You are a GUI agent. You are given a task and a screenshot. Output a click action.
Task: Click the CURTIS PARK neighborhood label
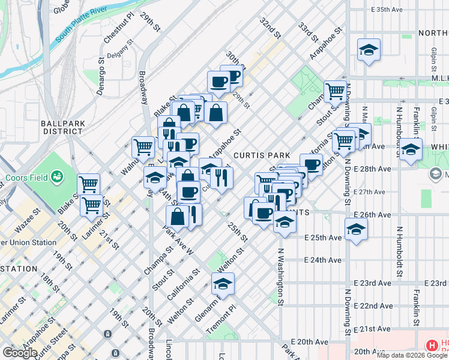click(x=258, y=155)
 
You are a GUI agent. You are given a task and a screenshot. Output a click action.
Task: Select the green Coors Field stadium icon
click(x=58, y=176)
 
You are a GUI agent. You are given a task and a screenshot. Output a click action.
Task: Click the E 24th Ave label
click(x=323, y=260)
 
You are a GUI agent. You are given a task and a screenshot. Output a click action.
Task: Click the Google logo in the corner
click(x=20, y=353)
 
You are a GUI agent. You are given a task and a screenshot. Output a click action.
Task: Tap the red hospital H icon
click(x=431, y=346)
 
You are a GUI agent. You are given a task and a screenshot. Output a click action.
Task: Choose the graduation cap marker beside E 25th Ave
click(x=356, y=229)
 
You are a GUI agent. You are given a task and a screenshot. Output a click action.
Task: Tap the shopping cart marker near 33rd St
click(x=335, y=91)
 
